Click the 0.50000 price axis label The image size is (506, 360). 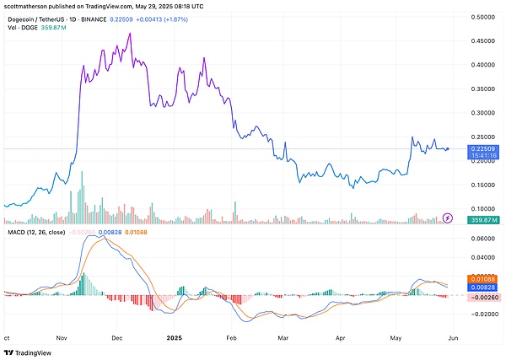coord(483,17)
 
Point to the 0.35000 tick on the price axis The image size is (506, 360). coord(483,89)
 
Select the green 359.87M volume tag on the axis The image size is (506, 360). coord(483,220)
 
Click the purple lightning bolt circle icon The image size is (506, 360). coord(448,218)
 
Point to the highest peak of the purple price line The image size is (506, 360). coord(129,34)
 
